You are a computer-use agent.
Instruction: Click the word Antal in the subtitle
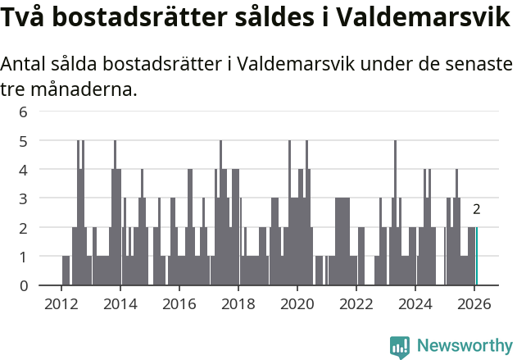pyautogui.click(x=25, y=65)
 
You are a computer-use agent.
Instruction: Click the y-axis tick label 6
pyautogui.click(x=23, y=112)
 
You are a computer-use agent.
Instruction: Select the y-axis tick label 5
pyautogui.click(x=23, y=141)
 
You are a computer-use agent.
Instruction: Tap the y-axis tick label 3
pyautogui.click(x=23, y=198)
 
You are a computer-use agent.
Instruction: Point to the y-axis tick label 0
pyautogui.click(x=23, y=285)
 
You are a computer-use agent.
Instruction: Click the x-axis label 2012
pyautogui.click(x=61, y=303)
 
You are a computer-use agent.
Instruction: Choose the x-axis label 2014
pyautogui.click(x=120, y=303)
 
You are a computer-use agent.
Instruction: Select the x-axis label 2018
pyautogui.click(x=238, y=303)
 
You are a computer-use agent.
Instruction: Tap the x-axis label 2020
pyautogui.click(x=297, y=303)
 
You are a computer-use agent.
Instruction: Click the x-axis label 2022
pyautogui.click(x=356, y=303)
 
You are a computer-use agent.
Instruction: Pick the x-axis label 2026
pyautogui.click(x=474, y=303)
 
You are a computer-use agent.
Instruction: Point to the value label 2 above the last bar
pyautogui.click(x=476, y=210)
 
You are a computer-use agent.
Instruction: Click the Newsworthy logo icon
pyautogui.click(x=400, y=346)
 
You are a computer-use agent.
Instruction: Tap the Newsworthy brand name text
pyautogui.click(x=464, y=346)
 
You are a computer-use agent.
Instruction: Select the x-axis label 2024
pyautogui.click(x=415, y=303)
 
